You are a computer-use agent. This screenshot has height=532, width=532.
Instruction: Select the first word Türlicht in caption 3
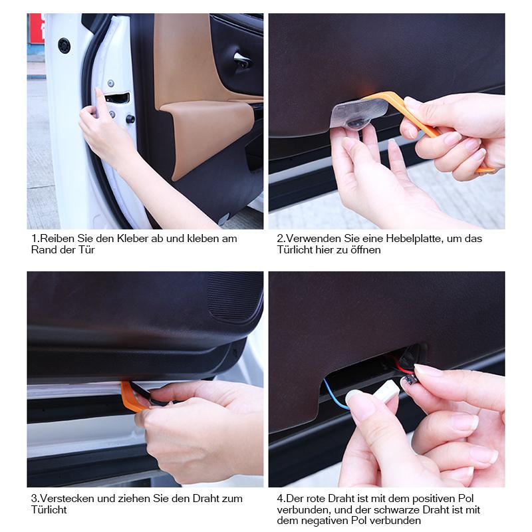49,509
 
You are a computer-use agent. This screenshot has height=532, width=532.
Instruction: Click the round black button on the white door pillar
64,45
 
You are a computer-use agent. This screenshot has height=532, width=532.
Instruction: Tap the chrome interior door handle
242,60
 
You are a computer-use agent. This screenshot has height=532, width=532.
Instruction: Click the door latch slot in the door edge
118,98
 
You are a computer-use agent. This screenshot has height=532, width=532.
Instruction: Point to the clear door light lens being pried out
358,114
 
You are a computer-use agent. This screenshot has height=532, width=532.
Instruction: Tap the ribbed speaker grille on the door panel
234,297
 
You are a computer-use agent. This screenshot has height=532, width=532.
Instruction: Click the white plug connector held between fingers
386,390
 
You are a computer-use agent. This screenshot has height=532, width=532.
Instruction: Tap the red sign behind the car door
37,28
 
